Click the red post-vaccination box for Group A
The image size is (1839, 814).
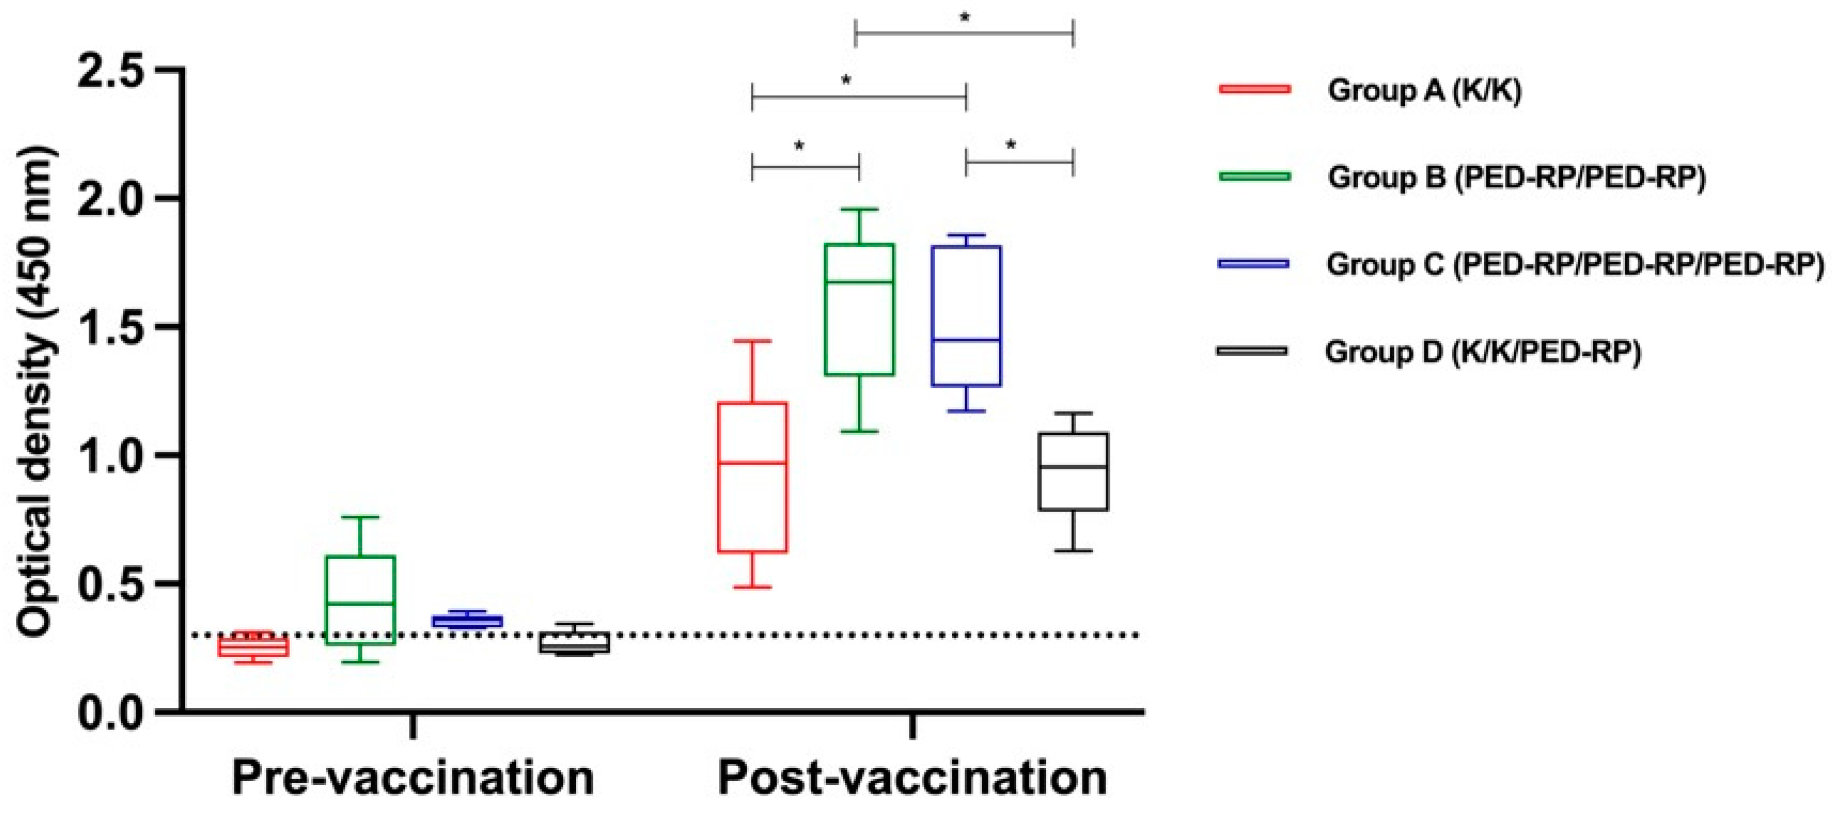coord(753,477)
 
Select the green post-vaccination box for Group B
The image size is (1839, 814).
coord(859,309)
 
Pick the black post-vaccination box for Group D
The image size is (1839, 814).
coord(1073,471)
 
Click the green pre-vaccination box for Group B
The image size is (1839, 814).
coord(361,600)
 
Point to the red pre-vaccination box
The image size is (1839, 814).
coord(253,647)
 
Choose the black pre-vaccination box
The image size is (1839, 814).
coord(574,642)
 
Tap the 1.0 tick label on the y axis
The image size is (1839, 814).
coord(118,456)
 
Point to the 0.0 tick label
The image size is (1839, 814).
coord(118,713)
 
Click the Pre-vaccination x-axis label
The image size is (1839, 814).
coord(413,778)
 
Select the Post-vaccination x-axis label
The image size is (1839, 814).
coord(912,778)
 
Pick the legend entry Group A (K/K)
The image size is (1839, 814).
coord(1424,91)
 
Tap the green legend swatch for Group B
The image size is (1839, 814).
coord(1254,176)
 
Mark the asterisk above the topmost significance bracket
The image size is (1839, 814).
coord(965,18)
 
